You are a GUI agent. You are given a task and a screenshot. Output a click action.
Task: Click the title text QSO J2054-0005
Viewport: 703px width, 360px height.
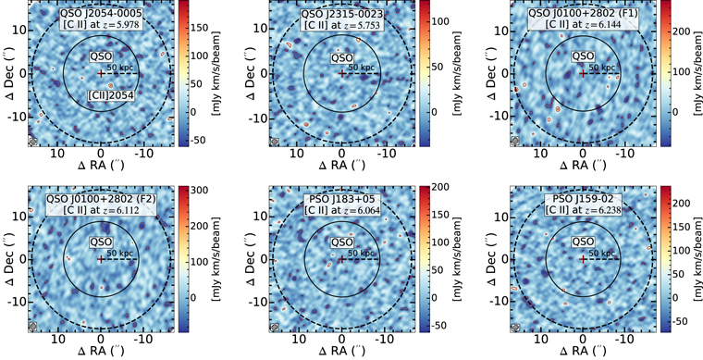(x=100, y=13)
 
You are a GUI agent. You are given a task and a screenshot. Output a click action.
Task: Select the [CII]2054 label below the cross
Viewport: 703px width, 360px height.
(x=100, y=93)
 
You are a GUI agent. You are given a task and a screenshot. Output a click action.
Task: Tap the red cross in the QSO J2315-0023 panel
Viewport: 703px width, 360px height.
(x=341, y=72)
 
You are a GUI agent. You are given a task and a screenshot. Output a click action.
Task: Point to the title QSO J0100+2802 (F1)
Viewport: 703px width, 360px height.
(x=583, y=13)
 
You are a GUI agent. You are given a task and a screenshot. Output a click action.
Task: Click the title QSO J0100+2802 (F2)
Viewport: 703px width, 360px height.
(x=100, y=200)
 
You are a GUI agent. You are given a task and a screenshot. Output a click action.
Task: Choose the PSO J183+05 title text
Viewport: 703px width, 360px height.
(x=341, y=200)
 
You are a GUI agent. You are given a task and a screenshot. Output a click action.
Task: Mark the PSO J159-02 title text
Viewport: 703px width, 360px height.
(x=583, y=200)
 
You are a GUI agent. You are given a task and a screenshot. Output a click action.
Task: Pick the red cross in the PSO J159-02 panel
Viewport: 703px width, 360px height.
(x=582, y=259)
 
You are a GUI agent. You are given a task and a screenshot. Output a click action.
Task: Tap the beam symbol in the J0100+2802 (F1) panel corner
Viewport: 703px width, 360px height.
(x=515, y=142)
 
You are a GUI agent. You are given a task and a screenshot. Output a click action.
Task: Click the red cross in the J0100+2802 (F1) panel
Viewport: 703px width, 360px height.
(x=582, y=72)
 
